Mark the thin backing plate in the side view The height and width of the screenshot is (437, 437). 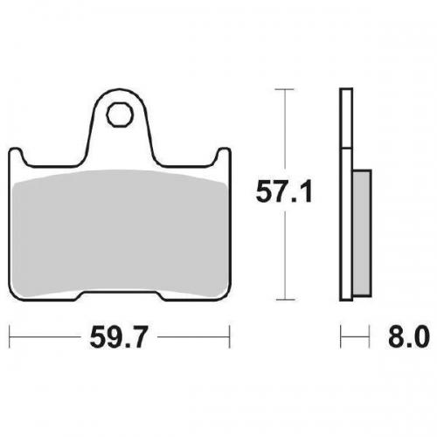pos(344,192)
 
